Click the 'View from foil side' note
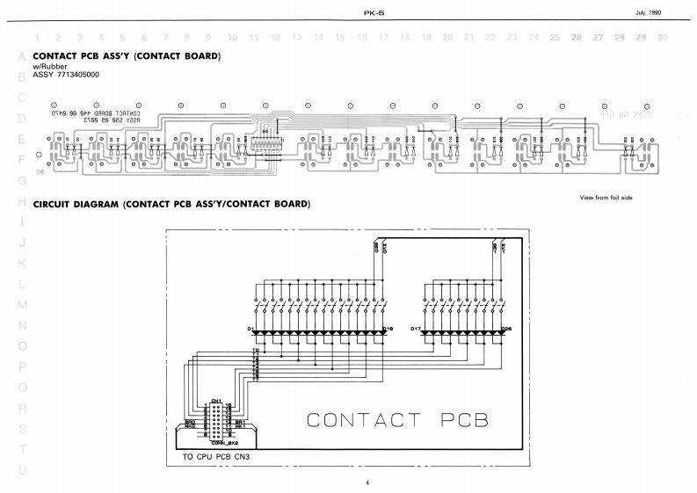coord(606,198)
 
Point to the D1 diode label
coord(250,329)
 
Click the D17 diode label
coord(416,329)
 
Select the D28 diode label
coord(506,329)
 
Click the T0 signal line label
coord(255,350)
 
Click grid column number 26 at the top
coord(577,38)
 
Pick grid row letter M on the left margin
coord(23,304)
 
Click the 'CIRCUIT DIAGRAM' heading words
coord(76,205)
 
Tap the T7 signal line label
coord(255,378)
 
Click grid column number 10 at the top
coord(232,38)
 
